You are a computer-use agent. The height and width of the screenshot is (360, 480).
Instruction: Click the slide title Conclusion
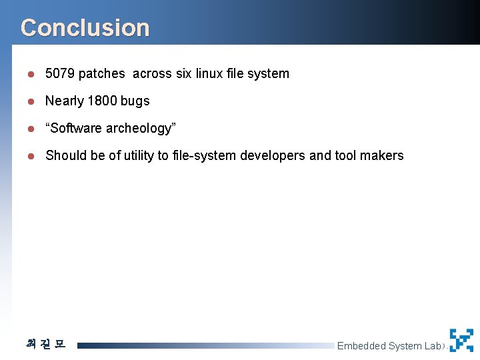click(x=85, y=28)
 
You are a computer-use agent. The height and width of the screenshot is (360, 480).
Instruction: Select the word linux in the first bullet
click(x=210, y=73)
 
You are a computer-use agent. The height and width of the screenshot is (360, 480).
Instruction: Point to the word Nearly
click(x=64, y=101)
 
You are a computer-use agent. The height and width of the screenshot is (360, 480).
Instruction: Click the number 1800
click(x=102, y=101)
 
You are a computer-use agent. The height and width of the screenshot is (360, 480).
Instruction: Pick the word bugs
click(x=135, y=101)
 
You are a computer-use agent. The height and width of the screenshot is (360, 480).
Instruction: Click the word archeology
click(x=140, y=128)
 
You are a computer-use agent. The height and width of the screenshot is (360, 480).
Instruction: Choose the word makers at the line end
click(x=382, y=155)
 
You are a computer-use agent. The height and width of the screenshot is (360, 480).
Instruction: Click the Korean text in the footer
click(x=46, y=344)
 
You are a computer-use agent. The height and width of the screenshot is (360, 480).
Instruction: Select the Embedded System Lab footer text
click(x=389, y=345)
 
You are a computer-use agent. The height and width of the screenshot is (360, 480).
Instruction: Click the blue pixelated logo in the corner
click(x=461, y=340)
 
